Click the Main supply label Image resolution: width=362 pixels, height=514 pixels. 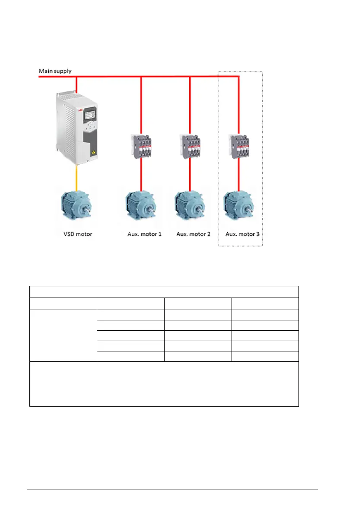[55, 71]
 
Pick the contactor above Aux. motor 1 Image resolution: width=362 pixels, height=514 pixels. [141, 146]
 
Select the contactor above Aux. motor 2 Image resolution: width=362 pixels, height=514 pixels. [190, 146]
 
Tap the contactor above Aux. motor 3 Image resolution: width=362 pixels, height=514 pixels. [239, 146]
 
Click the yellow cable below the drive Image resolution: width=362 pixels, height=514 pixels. [76, 177]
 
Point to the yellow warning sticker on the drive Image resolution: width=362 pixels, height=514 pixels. [93, 154]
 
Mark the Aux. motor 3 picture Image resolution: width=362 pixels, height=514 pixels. [239, 207]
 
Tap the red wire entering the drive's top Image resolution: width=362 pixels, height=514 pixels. [76, 84]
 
